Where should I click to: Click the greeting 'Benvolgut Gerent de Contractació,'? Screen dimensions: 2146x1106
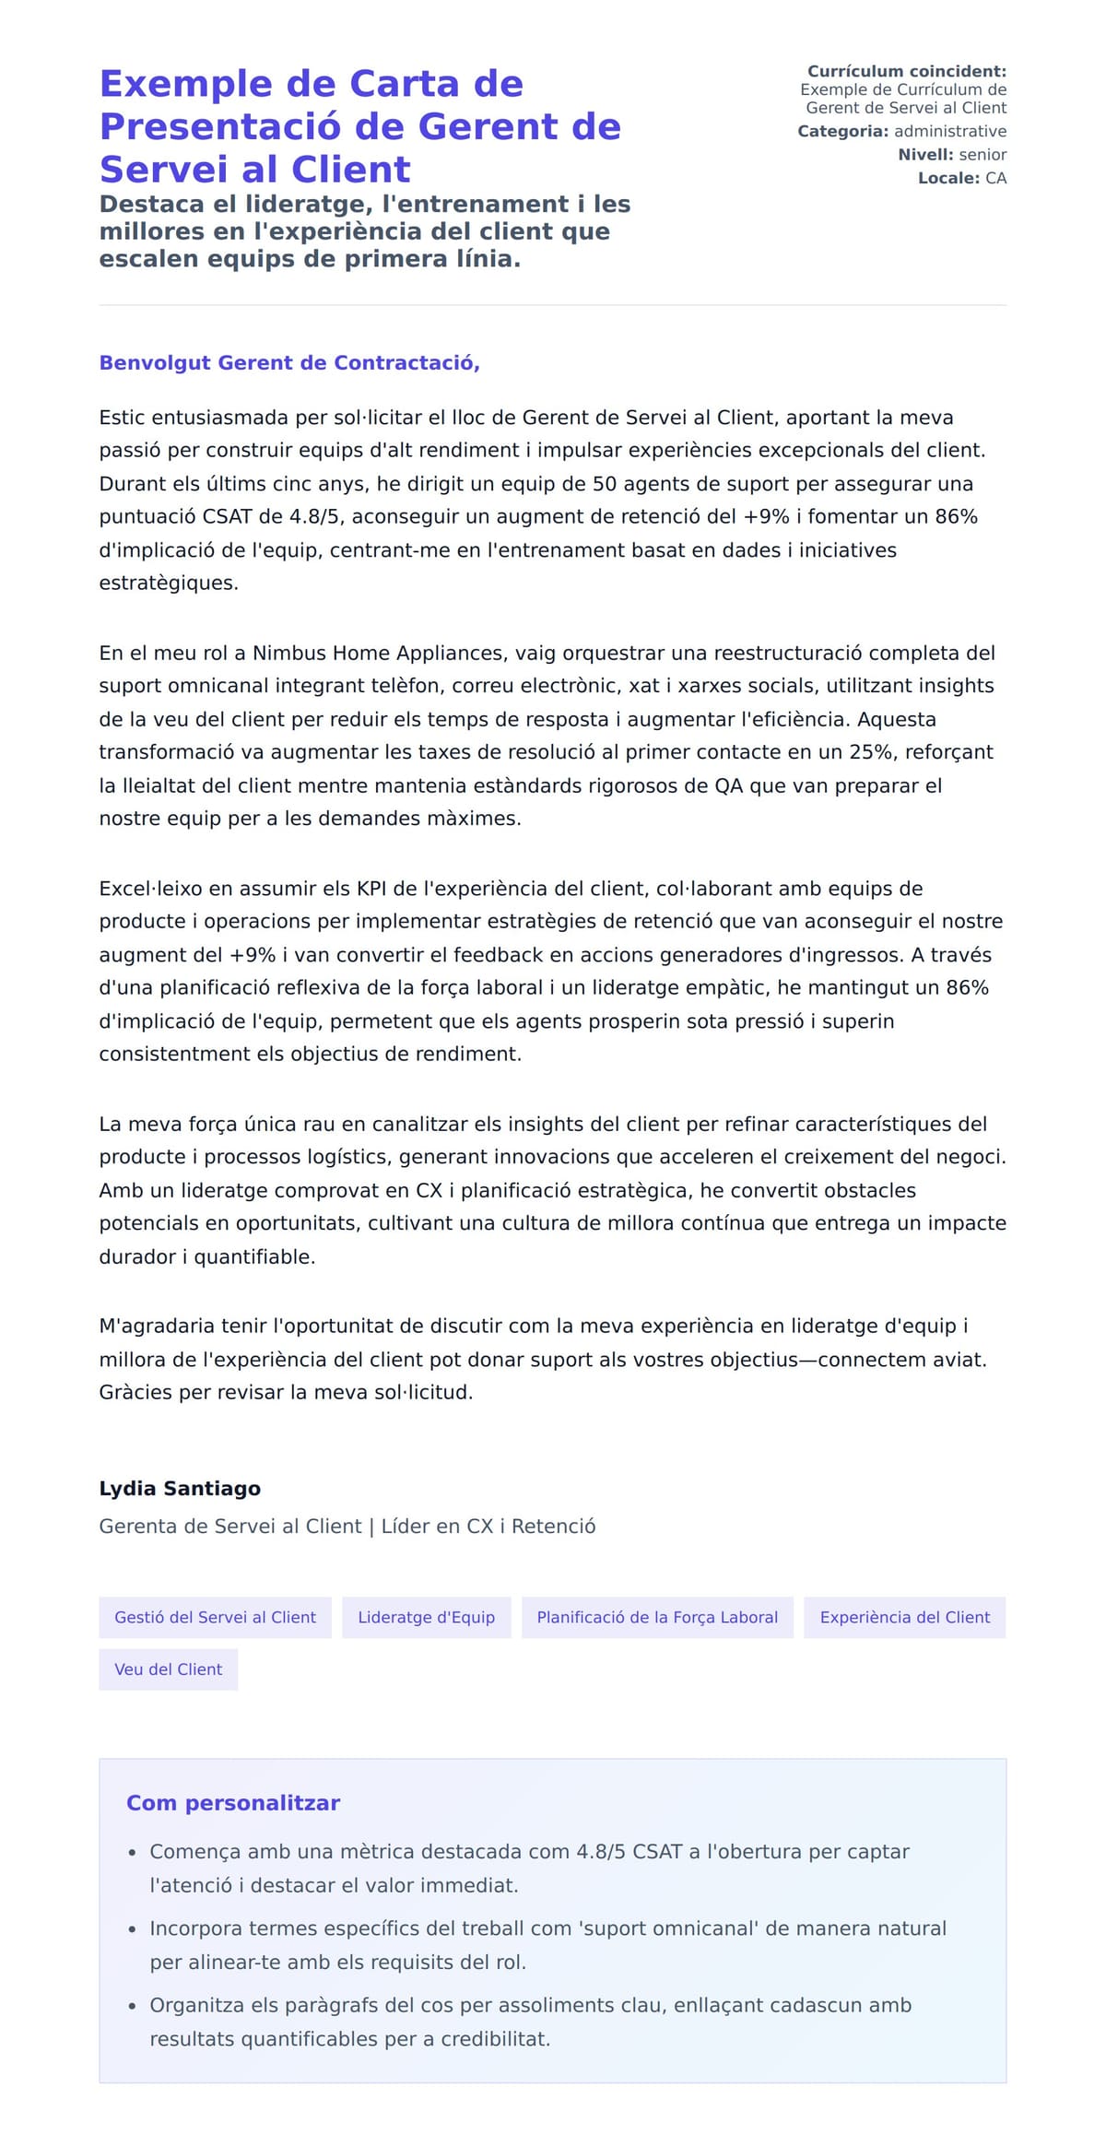pyautogui.click(x=289, y=362)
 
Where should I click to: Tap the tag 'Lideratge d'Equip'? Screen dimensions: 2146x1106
pyautogui.click(x=426, y=1617)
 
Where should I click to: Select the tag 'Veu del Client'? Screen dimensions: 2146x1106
pyautogui.click(x=168, y=1669)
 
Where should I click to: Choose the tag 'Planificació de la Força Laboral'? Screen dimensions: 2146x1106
pyautogui.click(x=657, y=1617)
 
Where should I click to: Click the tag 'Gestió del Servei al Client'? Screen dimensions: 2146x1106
pyautogui.click(x=215, y=1617)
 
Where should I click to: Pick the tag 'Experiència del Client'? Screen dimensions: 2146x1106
pyautogui.click(x=904, y=1617)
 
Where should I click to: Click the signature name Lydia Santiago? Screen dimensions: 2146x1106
pyautogui.click(x=180, y=1488)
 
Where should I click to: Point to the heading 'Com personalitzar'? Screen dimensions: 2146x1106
pyautogui.click(x=233, y=1802)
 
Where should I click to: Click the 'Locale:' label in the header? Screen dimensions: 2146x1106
pyautogui.click(x=948, y=178)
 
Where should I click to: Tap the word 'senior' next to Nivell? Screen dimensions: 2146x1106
pyautogui.click(x=982, y=155)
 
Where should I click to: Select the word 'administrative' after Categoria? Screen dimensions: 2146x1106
pyautogui.click(x=949, y=131)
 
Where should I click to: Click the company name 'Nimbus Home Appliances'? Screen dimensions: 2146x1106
pyautogui.click(x=379, y=653)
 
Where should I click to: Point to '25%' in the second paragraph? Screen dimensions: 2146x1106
pyautogui.click(x=871, y=751)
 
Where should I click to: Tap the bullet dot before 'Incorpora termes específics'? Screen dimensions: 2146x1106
pyautogui.click(x=133, y=1929)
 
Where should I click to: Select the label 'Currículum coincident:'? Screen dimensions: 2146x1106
pyautogui.click(x=906, y=71)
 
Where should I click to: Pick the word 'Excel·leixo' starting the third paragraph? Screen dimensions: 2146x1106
pyautogui.click(x=150, y=889)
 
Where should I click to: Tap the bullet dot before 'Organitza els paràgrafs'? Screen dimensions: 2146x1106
pyautogui.click(x=133, y=2006)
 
